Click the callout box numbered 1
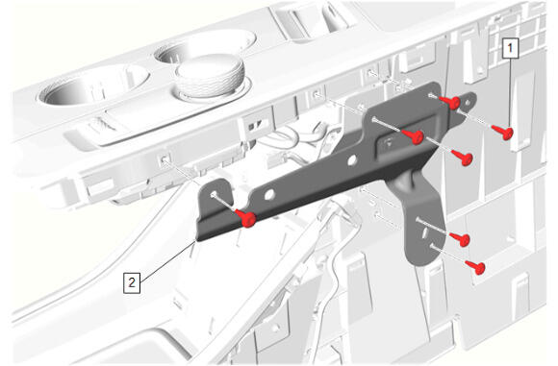(511, 49)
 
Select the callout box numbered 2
(132, 282)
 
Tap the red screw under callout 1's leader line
(503, 133)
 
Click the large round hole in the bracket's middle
(352, 160)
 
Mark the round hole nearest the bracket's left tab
(269, 194)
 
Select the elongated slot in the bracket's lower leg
(425, 233)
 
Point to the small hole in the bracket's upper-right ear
(467, 104)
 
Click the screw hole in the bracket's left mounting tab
(214, 194)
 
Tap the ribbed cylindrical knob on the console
(210, 75)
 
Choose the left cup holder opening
(94, 85)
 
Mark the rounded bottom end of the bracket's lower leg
(422, 260)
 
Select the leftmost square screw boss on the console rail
(165, 159)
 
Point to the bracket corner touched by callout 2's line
(196, 240)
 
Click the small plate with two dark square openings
(257, 125)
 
